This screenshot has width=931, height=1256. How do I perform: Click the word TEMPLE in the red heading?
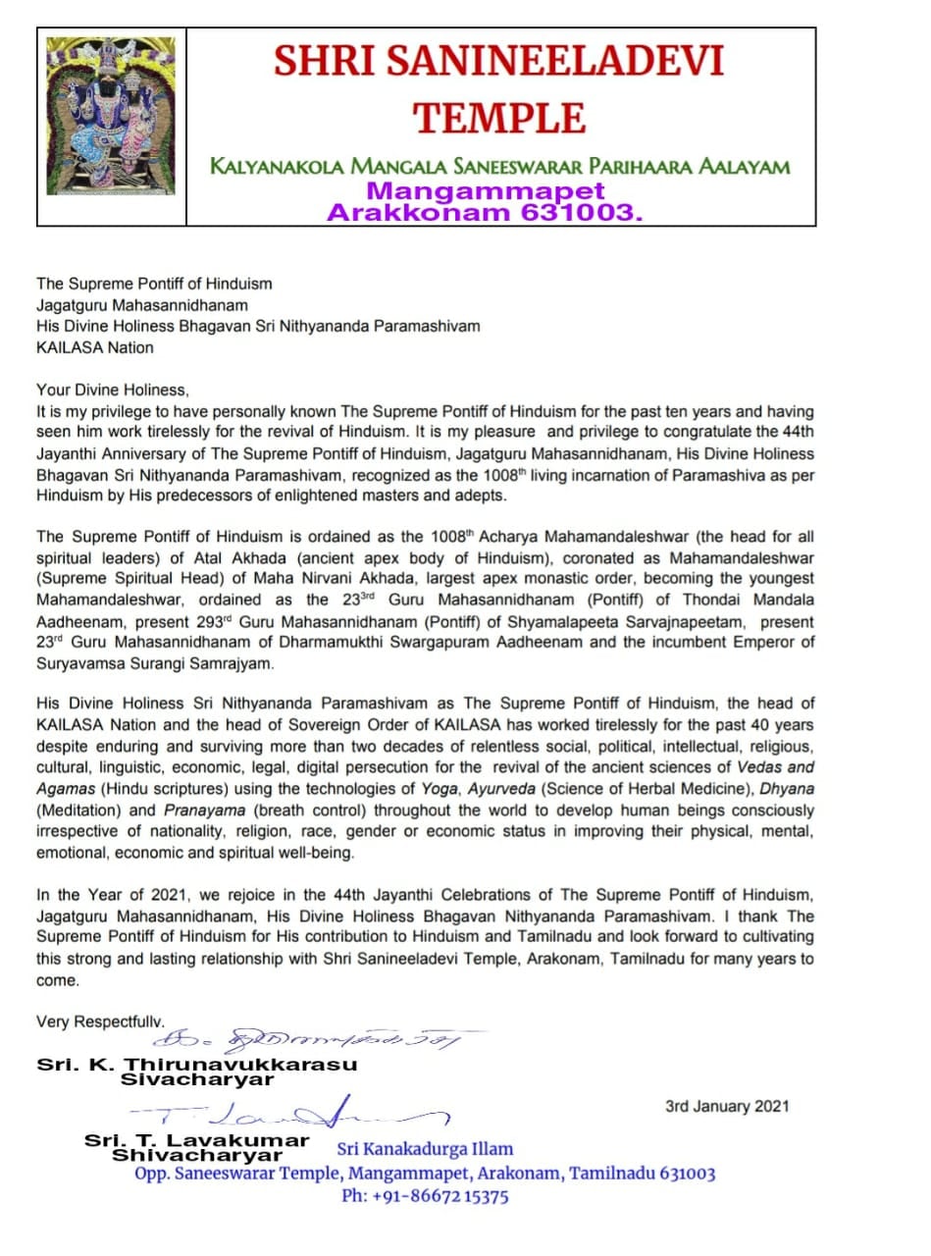coord(499,118)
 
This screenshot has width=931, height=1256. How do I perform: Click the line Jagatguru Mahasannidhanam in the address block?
coord(142,305)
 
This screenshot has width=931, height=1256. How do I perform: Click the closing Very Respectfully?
coord(100,1021)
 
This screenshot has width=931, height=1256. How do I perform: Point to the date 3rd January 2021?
coord(727,1106)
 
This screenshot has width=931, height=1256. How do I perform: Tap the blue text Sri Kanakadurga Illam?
coord(425,1149)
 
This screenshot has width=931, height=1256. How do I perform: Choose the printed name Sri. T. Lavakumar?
coord(196,1140)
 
